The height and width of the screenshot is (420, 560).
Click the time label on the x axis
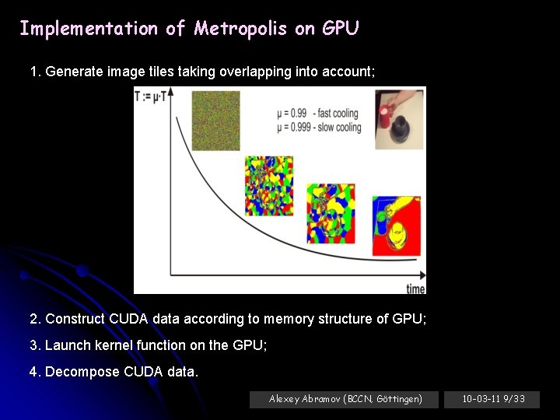pos(415,289)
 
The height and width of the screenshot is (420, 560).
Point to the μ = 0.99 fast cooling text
pos(319,114)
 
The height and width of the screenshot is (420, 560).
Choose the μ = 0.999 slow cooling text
pos(319,127)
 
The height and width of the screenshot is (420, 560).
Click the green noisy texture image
pos(215,121)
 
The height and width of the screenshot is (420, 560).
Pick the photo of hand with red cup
pos(400,119)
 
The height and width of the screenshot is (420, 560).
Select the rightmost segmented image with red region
pos(396,226)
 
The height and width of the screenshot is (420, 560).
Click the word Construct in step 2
pos(75,319)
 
